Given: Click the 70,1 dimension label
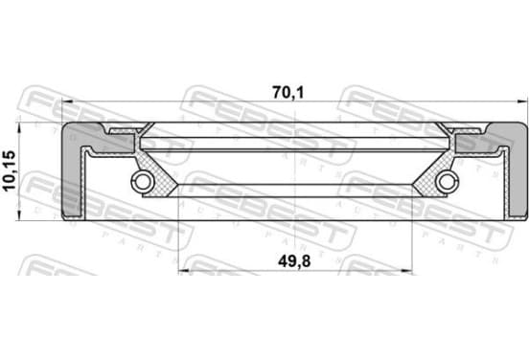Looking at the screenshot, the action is (287, 93).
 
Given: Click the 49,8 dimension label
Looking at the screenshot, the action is (294, 261).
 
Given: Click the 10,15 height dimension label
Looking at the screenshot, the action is (10, 170).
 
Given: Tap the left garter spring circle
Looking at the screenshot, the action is (143, 181).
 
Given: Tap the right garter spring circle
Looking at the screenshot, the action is (447, 181).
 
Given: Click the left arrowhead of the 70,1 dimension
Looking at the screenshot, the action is (67, 101).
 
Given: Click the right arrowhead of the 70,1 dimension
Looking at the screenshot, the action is (522, 101).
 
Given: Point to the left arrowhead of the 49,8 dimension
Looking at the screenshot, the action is (184, 270).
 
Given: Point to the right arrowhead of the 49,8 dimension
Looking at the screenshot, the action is (406, 270).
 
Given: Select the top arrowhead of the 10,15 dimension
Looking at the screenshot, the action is (19, 127).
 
